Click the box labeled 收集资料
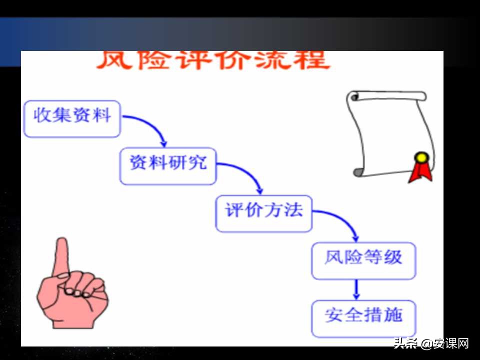point(72,118)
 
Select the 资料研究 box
point(168,165)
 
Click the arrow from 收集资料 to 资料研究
point(150,124)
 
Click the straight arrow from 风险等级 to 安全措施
point(356,289)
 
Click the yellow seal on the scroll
point(422,158)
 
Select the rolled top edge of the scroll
point(387,96)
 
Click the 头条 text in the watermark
point(406,343)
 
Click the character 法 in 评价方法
point(294,210)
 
